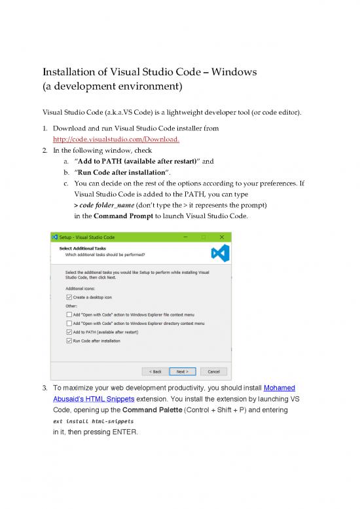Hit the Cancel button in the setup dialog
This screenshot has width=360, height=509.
[213, 371]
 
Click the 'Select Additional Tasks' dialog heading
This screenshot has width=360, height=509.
[81, 248]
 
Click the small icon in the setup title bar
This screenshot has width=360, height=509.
[55, 236]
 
